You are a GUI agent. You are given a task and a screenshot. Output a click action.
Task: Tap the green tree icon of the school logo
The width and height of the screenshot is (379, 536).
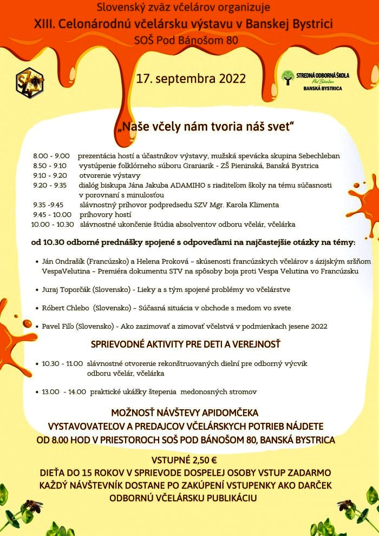coord(287,78)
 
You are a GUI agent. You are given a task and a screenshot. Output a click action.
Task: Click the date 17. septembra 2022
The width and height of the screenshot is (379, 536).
coord(191,78)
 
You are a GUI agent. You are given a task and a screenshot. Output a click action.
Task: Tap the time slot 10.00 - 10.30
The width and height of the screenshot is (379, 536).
coord(53,224)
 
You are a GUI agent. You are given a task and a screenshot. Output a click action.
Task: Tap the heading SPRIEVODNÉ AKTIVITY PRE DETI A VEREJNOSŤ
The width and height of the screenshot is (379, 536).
coord(185,345)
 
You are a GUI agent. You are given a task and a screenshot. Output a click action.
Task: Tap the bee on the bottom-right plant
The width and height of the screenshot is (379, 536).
coord(345,505)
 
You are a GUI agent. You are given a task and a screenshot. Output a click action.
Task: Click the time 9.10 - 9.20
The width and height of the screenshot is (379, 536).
coord(50,175)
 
